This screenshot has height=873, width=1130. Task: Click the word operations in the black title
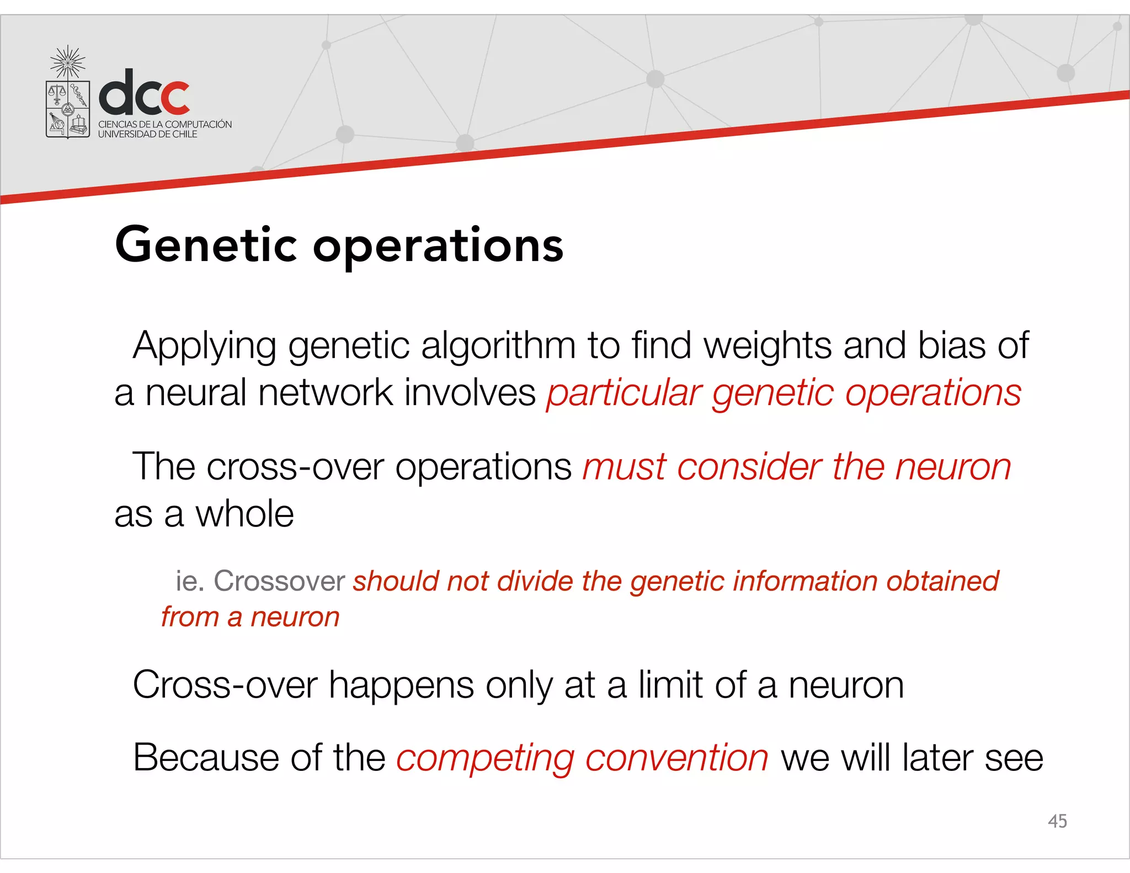[x=438, y=246]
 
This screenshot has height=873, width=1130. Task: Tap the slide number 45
[x=1057, y=821]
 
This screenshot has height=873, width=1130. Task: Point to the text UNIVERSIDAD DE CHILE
[x=147, y=134]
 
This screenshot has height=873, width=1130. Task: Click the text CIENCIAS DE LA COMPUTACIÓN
[x=165, y=124]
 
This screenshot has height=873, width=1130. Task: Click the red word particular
[x=624, y=393]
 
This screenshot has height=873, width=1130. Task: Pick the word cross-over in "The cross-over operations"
[x=295, y=467]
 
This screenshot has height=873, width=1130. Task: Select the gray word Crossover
[x=279, y=581]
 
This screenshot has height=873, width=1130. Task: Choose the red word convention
[x=676, y=758]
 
